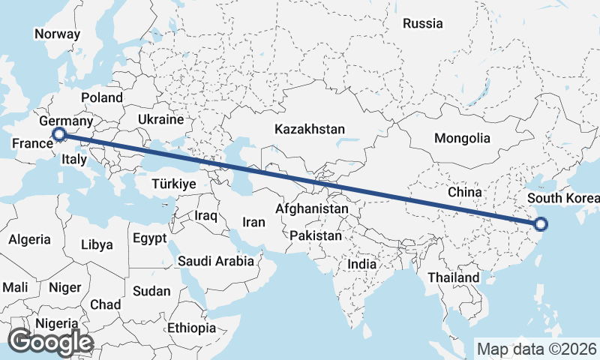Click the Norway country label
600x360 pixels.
point(57,34)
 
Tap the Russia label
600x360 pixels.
point(423,23)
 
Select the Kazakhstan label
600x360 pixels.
point(310,129)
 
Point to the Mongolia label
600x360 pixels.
point(462,138)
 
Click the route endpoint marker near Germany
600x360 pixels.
point(59,135)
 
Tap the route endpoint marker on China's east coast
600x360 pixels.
point(541,223)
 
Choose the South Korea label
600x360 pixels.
point(563,199)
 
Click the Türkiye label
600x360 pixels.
point(173,184)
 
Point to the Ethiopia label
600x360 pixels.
point(191,328)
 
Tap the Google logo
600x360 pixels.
point(50,341)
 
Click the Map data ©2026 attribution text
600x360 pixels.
point(537,349)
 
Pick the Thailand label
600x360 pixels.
point(453,277)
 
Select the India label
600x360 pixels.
point(362,264)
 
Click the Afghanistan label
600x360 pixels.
point(312,208)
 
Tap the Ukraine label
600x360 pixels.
point(161,119)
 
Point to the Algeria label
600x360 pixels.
point(30,239)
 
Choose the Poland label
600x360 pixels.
point(102,97)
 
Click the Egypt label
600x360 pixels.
point(148,238)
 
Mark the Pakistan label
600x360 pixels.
point(316,235)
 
